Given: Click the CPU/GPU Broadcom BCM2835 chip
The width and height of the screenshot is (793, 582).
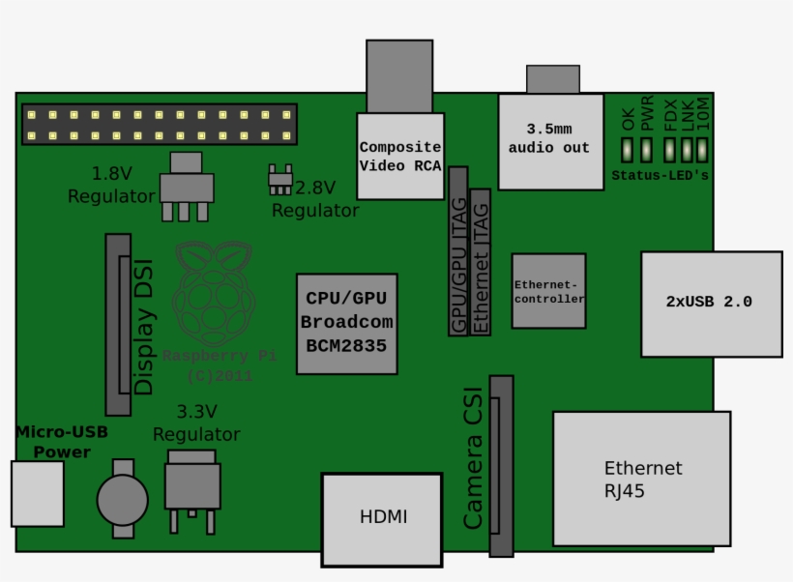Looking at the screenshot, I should [x=346, y=323].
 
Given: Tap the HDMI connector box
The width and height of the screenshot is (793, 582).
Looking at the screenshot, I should [x=382, y=517].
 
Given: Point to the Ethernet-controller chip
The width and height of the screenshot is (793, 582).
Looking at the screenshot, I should [x=548, y=291].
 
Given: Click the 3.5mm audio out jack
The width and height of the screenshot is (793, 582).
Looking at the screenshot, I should [x=549, y=141].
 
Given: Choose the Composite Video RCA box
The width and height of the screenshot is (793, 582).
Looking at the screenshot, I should [x=400, y=157].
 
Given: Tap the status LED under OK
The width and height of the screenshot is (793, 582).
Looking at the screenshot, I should [x=628, y=150].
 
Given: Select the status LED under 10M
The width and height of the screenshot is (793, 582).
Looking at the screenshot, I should [x=702, y=150].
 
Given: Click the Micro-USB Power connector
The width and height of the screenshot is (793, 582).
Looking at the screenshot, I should [x=37, y=493].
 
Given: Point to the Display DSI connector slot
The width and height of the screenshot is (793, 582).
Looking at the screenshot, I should [x=118, y=325].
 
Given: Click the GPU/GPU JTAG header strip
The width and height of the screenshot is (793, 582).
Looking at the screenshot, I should [x=458, y=251].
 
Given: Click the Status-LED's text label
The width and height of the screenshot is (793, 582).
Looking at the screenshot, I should [x=660, y=176].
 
